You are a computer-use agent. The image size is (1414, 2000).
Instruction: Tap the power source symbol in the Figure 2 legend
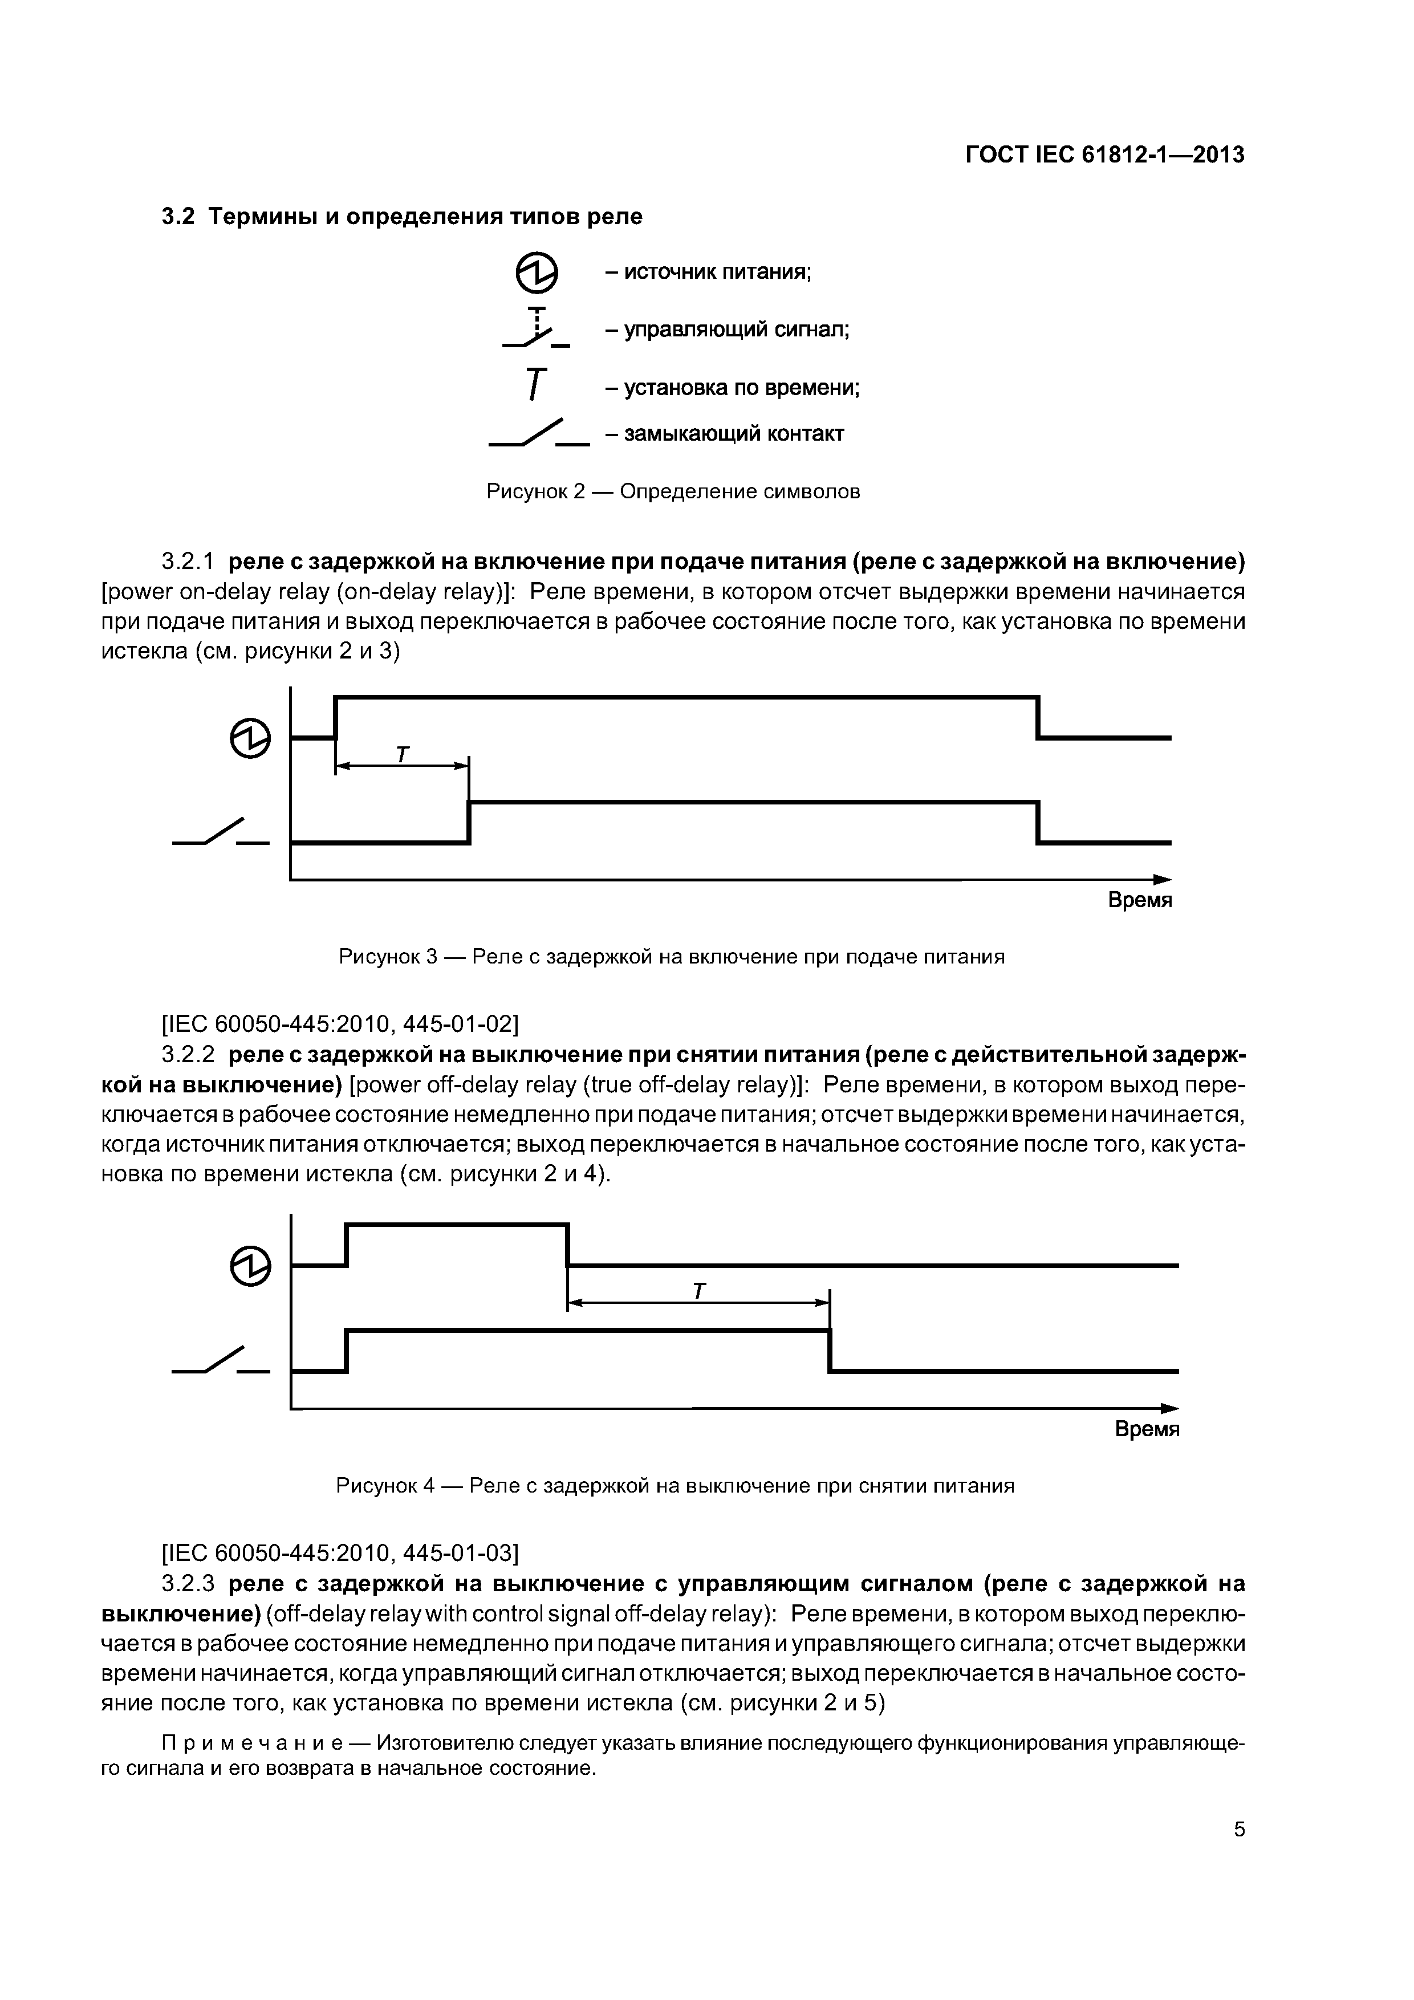(537, 274)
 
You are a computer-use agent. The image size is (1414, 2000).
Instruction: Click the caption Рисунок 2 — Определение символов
(673, 491)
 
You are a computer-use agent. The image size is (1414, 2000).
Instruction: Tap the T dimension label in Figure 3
(401, 754)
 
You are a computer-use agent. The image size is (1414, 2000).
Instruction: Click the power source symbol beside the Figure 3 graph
(250, 739)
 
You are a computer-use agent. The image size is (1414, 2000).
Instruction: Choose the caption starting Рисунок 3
(671, 957)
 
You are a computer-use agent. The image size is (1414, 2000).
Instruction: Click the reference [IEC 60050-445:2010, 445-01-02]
(340, 1022)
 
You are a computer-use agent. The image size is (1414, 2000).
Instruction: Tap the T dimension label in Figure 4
(698, 1291)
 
